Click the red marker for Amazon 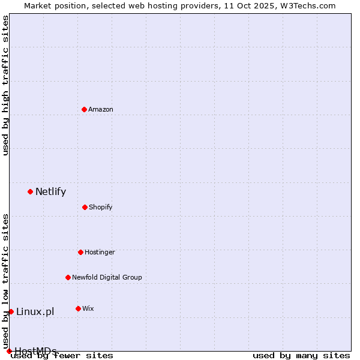84,109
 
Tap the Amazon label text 101,109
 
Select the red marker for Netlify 30,191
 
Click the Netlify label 50,192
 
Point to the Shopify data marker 85,207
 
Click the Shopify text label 101,208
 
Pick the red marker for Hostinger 80,252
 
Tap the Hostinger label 100,252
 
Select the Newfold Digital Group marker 68,277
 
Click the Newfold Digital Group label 107,277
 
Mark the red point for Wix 78,308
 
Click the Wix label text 88,308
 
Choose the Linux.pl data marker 11,311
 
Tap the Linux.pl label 35,311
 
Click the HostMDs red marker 9,351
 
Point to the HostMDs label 35,351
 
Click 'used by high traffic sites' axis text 6,86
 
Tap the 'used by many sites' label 301,355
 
